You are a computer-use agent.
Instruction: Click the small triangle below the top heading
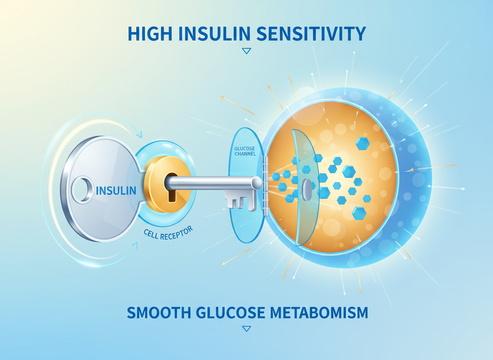pyautogui.click(x=246, y=51)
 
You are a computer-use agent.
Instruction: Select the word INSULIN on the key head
pyautogui.click(x=116, y=191)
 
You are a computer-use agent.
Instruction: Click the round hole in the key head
pyautogui.click(x=82, y=190)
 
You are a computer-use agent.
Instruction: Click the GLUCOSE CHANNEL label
pyautogui.click(x=245, y=151)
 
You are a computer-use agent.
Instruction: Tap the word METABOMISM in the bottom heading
pyautogui.click(x=325, y=312)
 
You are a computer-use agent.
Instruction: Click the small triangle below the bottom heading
pyautogui.click(x=246, y=329)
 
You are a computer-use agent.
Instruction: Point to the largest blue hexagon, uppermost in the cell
pyautogui.click(x=363, y=144)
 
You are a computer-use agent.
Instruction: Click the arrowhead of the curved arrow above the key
pyautogui.click(x=139, y=134)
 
